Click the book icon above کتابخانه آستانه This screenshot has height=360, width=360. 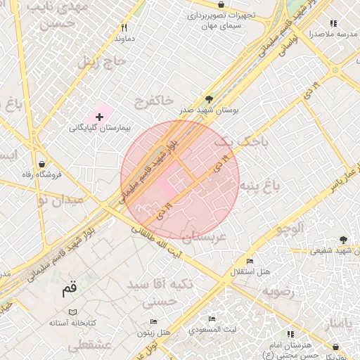(72, 311)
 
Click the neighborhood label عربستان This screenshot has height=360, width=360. (203, 238)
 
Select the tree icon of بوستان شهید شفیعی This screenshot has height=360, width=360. (343, 240)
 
